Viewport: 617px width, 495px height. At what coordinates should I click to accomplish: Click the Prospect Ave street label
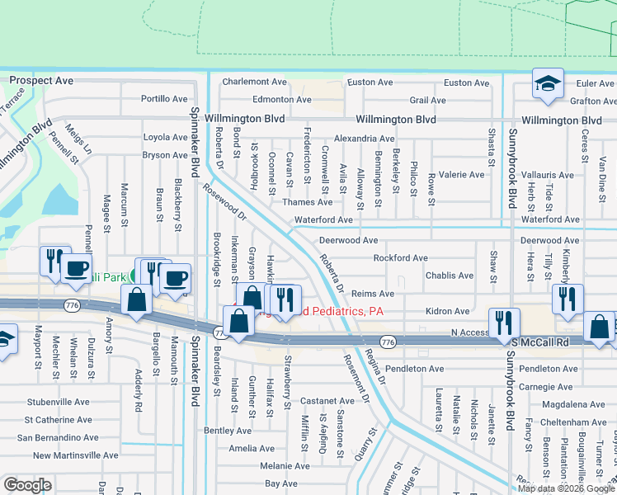[41, 82]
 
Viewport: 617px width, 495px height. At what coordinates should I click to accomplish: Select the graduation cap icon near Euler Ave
[547, 86]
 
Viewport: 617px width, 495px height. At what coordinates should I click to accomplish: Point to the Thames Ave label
[307, 202]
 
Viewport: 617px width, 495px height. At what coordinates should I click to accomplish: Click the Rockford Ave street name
[400, 258]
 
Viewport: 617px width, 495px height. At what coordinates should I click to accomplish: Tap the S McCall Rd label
[540, 342]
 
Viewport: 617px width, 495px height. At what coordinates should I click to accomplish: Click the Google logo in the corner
[27, 485]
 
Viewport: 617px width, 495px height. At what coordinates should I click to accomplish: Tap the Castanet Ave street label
[327, 400]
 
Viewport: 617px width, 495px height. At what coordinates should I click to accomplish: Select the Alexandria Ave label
[364, 139]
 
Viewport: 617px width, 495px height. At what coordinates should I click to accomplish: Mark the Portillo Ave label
[164, 98]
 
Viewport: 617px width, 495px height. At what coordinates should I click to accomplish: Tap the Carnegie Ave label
[564, 386]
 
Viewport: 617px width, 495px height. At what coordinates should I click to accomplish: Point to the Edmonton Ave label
[281, 99]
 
